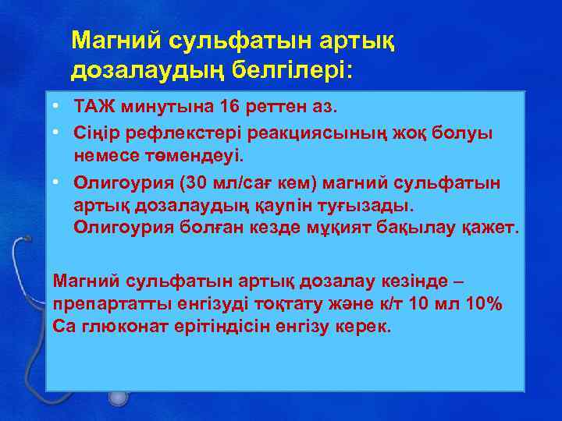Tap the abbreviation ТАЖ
coord(94,104)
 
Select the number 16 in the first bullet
coord(233,104)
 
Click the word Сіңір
coord(94,133)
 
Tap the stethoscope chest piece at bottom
coord(118,398)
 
